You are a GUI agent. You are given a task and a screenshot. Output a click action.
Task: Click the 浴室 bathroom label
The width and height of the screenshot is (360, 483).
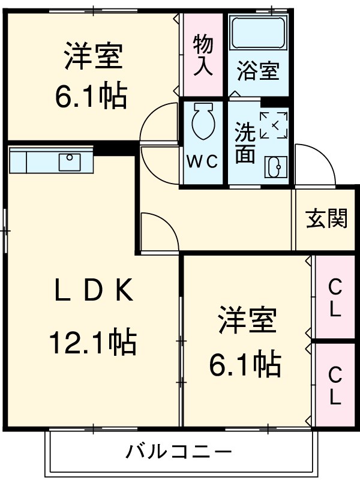point(257,72)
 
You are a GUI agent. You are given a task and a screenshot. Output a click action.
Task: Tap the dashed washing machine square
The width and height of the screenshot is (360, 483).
point(274,125)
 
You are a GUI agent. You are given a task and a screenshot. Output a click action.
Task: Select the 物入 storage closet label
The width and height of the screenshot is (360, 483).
point(203,54)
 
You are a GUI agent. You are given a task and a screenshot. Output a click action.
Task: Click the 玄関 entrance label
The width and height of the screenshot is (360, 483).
point(327,219)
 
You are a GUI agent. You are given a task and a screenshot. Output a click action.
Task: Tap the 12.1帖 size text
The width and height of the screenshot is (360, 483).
point(93,343)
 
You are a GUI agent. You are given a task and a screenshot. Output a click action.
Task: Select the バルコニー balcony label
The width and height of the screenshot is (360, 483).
point(178,452)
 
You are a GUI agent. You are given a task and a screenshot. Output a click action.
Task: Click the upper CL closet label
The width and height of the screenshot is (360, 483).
point(334,300)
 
